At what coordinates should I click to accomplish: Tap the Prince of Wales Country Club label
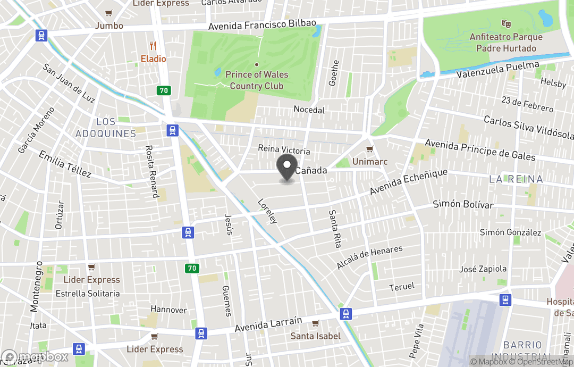(x=256, y=80)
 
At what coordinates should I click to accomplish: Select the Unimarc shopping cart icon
(x=370, y=149)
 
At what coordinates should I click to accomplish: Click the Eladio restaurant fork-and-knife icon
(x=154, y=46)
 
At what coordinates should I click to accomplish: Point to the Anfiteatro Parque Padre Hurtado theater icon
(x=506, y=24)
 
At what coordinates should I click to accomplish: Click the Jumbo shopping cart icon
(x=109, y=13)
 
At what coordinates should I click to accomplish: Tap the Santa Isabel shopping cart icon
(x=315, y=323)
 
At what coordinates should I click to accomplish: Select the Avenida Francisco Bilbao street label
(x=262, y=25)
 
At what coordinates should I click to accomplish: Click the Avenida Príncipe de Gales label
(x=480, y=151)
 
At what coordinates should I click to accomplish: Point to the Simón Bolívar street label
(x=463, y=204)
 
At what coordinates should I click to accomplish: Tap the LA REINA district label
(x=516, y=180)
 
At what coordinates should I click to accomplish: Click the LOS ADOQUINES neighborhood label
(x=105, y=128)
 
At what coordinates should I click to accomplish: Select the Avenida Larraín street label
(x=268, y=324)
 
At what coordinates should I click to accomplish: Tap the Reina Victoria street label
(x=284, y=149)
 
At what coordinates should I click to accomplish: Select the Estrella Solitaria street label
(x=88, y=294)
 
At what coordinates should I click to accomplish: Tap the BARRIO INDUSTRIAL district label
(x=523, y=351)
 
